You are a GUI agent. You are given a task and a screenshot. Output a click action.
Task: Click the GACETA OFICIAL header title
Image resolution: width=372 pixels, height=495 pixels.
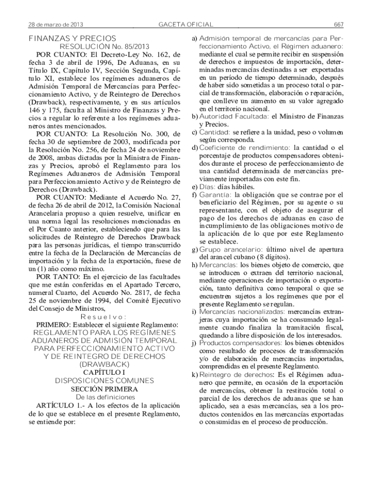click(x=186, y=24)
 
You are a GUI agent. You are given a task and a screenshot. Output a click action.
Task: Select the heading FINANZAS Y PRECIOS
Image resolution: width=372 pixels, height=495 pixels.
click(x=72, y=38)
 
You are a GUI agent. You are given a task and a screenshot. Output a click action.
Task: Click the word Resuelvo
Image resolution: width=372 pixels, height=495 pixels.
click(x=104, y=317)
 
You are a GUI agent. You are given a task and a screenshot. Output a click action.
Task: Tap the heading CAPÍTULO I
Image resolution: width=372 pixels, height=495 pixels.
click(x=104, y=372)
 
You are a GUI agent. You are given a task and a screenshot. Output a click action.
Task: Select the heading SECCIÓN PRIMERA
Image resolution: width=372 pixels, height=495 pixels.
click(x=104, y=389)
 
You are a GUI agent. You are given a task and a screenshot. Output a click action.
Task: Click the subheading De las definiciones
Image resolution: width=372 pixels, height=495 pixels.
click(x=104, y=397)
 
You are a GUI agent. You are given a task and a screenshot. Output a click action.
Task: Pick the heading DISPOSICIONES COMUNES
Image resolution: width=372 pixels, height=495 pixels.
click(x=104, y=380)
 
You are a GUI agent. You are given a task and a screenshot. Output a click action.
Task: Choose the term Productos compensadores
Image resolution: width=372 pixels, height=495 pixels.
click(x=234, y=343)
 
